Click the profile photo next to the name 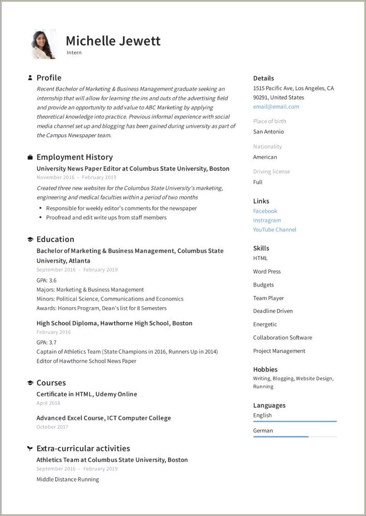coord(44,45)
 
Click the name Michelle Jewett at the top coord(113,41)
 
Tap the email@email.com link coord(276,107)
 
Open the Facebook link coord(265,211)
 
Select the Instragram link coord(267,220)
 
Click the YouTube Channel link coord(274,230)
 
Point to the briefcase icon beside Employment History coord(30,157)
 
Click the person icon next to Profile coord(30,78)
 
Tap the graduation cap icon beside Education coord(30,239)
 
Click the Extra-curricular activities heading coord(83,448)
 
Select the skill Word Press coord(267,272)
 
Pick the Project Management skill coord(279,351)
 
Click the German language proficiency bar coord(294,437)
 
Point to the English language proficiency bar coord(294,421)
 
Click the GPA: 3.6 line coord(47,281)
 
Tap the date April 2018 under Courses coord(48,403)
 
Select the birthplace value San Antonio coord(268,132)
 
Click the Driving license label coord(271,172)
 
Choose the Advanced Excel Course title coord(103,418)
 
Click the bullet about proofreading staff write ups coord(106,218)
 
